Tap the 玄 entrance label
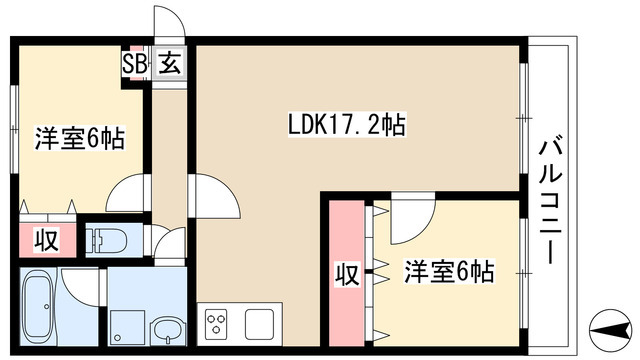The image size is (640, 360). click(x=169, y=65)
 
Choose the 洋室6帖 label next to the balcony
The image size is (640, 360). click(x=449, y=272)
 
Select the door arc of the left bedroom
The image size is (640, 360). click(x=127, y=190)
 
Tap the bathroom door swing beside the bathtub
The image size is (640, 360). click(x=77, y=285)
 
